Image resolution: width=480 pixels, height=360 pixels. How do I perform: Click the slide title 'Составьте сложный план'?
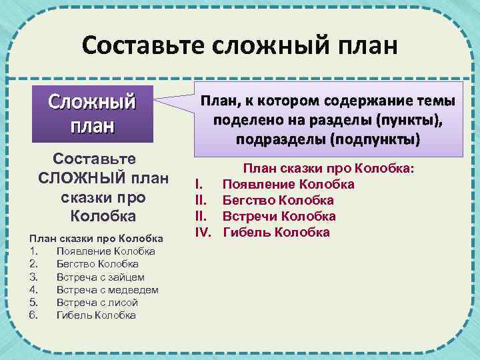[239, 46]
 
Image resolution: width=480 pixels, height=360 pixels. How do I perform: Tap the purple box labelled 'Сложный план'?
[92, 113]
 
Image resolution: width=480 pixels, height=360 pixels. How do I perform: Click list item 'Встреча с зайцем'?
[100, 277]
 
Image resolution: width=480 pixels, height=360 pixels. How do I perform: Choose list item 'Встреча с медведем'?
[107, 289]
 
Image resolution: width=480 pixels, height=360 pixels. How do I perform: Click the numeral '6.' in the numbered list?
[34, 315]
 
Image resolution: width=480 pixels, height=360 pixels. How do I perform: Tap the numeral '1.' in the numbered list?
[34, 251]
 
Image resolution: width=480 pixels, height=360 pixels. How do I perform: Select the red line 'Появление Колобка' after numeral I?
[288, 184]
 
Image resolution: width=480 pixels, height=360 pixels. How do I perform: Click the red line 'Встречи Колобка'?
[279, 216]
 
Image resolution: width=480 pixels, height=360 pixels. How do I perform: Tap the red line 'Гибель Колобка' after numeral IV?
[275, 232]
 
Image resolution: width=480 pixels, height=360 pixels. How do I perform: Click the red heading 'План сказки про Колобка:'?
[328, 169]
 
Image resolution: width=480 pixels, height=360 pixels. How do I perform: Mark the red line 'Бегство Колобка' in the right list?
[278, 200]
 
